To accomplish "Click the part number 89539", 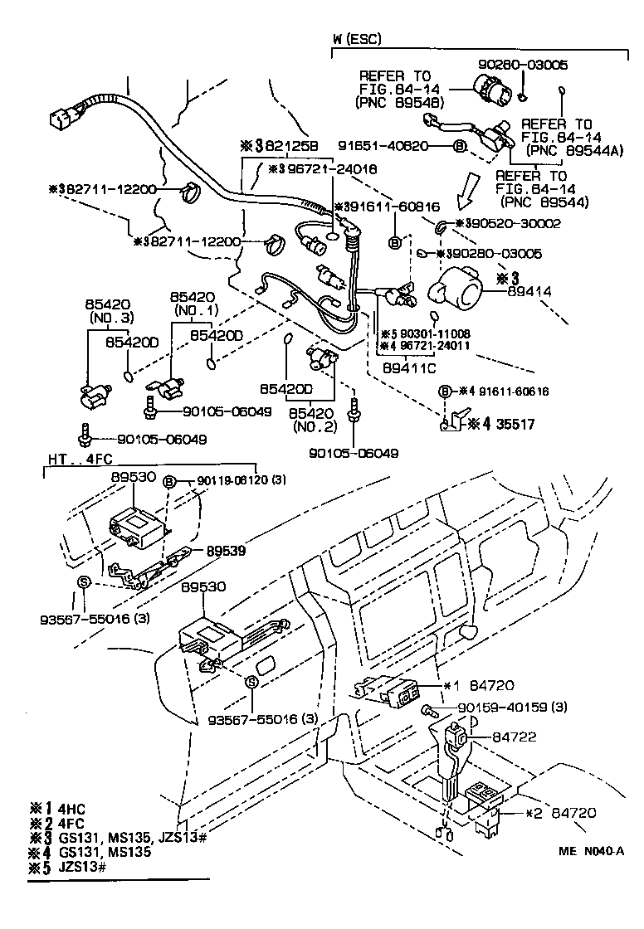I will (x=227, y=550).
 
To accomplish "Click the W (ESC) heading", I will (x=357, y=39).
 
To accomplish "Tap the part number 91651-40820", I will (x=407, y=146).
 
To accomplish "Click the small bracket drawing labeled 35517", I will (x=449, y=421).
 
